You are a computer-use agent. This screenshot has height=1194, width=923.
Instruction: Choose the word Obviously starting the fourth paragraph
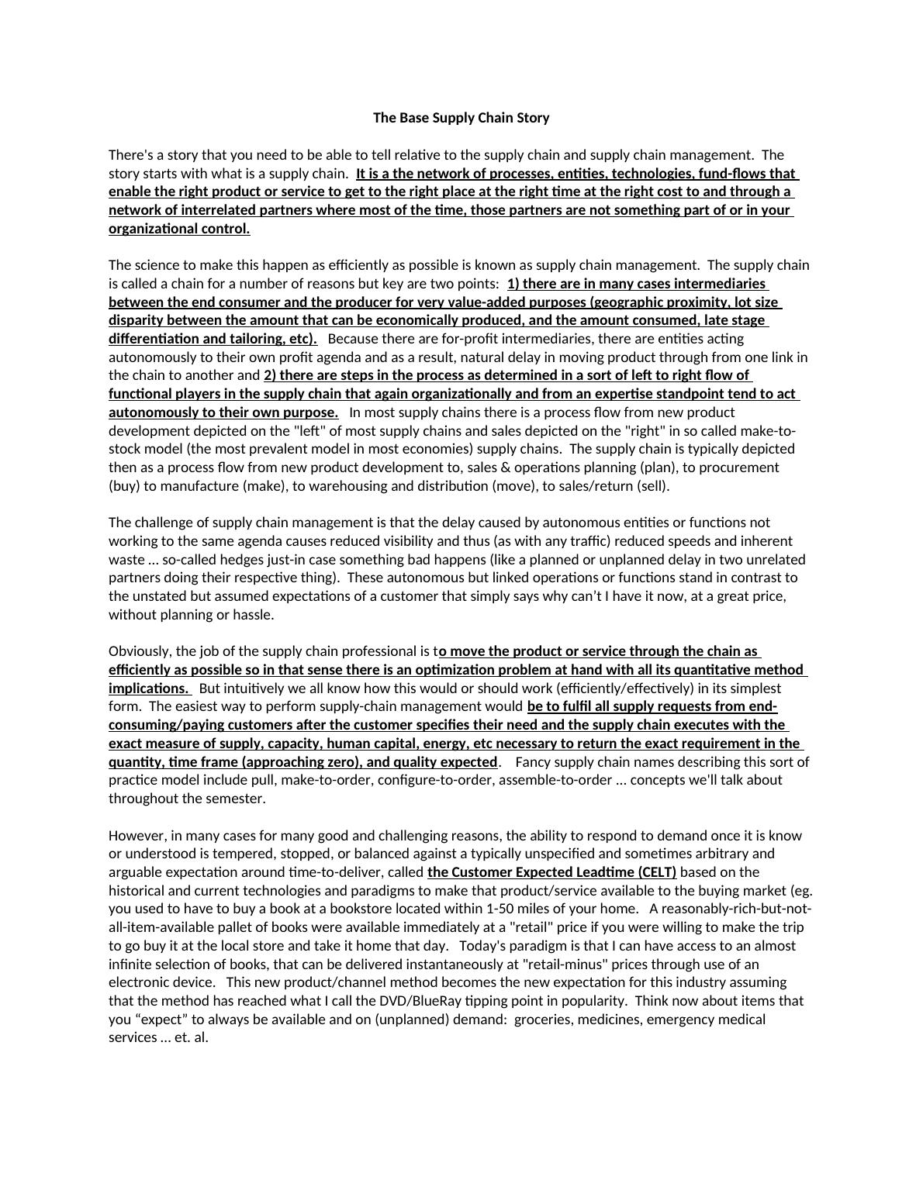point(140,651)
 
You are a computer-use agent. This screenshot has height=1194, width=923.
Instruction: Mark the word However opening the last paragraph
point(136,836)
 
